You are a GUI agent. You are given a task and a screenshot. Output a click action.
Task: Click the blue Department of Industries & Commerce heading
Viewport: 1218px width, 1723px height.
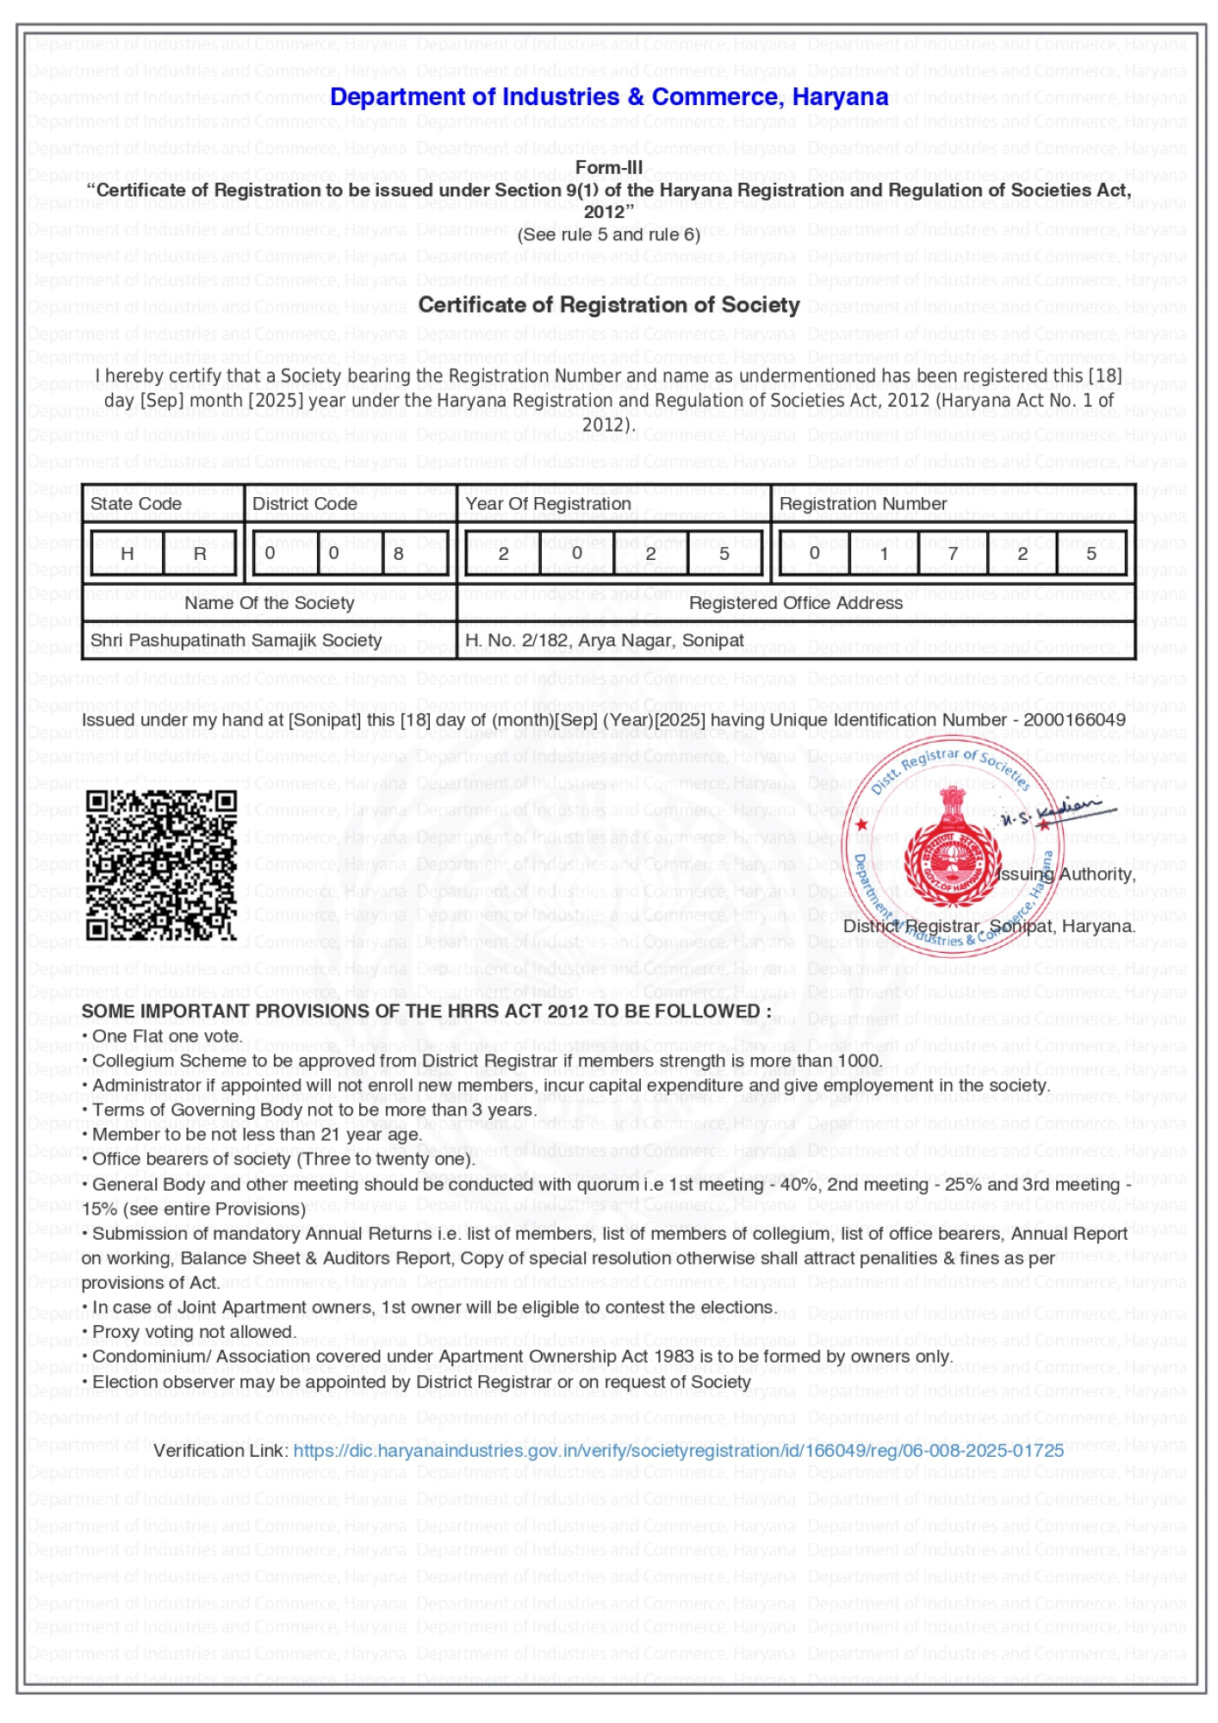608,96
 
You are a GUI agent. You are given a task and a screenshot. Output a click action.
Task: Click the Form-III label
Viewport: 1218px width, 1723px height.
608,167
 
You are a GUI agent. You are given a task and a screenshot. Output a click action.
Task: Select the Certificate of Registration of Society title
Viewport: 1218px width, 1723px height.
608,305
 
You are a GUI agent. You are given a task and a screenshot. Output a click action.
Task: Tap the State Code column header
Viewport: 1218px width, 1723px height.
136,504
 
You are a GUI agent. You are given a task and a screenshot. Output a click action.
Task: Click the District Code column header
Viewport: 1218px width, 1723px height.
304,504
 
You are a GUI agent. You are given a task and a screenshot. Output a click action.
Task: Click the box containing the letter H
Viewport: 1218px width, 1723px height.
127,554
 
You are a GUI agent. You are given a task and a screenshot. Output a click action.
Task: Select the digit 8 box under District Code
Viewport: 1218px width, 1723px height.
399,554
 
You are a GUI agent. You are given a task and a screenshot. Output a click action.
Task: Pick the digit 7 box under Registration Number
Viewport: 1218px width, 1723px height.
953,554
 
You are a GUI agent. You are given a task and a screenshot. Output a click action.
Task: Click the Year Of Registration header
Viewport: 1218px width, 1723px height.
548,504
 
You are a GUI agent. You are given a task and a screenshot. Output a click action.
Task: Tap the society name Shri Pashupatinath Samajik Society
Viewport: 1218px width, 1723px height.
236,641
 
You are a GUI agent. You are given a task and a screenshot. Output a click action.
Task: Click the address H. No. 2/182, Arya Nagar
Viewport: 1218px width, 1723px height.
604,641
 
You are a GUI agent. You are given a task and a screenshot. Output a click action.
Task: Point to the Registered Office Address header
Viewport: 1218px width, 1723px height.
795,603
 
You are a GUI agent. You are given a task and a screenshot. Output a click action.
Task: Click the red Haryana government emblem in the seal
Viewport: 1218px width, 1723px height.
951,853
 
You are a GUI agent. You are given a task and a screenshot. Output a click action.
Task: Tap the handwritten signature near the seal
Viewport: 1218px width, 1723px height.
1060,812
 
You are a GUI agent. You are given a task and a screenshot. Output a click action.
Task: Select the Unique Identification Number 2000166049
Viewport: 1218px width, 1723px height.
1074,720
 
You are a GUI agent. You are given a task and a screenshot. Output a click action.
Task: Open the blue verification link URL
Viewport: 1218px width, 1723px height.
678,1451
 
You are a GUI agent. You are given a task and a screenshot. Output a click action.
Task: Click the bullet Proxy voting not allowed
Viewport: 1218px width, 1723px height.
194,1332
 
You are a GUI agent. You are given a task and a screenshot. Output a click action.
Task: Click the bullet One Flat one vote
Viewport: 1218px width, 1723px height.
166,1036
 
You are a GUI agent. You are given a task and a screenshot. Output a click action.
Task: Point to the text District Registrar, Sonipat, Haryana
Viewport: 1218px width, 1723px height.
989,927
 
